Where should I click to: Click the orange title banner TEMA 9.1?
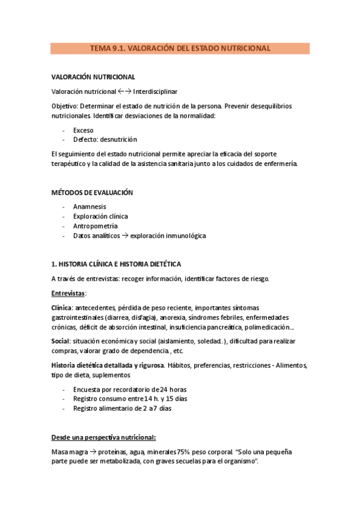click(x=180, y=48)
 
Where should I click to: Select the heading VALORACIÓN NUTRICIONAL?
click(x=93, y=77)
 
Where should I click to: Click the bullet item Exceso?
click(x=84, y=130)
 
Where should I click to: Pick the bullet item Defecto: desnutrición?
click(x=105, y=140)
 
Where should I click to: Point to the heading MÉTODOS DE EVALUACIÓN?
click(x=93, y=192)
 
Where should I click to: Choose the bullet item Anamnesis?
click(x=90, y=207)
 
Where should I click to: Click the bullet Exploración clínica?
click(x=100, y=217)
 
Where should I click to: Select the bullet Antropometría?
click(x=96, y=226)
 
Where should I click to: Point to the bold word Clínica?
click(x=61, y=308)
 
